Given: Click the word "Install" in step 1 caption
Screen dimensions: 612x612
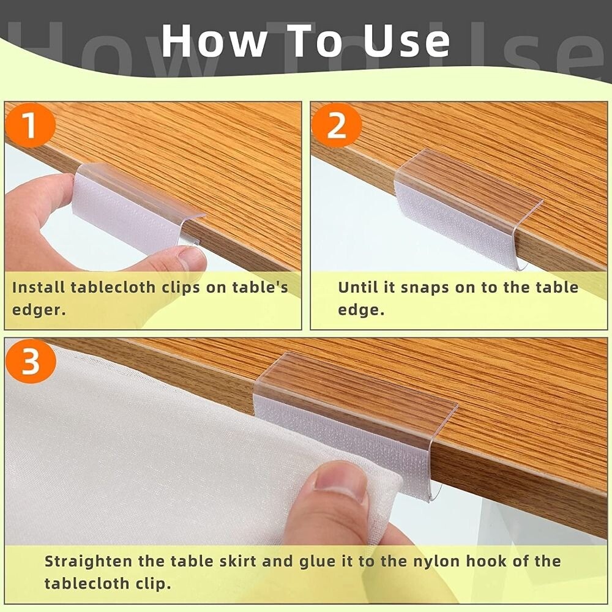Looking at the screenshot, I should pyautogui.click(x=39, y=287).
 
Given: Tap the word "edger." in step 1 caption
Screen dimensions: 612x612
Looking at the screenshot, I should pyautogui.click(x=38, y=309).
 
